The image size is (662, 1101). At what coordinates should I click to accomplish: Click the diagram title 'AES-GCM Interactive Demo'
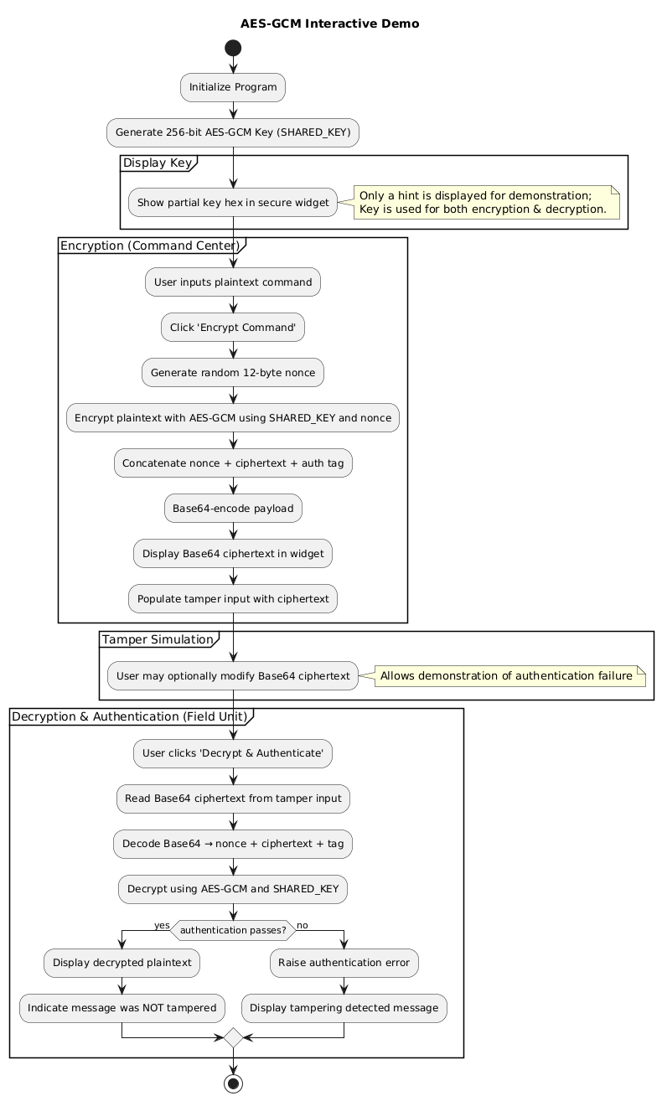click(329, 23)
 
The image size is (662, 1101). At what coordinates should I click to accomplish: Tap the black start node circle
click(233, 48)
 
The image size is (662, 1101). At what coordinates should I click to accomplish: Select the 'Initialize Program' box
click(233, 87)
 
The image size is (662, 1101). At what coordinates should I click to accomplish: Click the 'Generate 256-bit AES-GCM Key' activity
click(233, 132)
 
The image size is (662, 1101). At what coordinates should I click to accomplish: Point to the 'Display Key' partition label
click(159, 163)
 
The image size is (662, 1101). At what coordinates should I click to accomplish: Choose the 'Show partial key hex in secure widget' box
click(233, 202)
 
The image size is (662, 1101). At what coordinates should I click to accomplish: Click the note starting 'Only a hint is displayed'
click(486, 202)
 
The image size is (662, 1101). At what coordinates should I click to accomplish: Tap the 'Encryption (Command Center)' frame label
click(150, 245)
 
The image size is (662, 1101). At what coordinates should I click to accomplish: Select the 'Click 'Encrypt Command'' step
click(233, 328)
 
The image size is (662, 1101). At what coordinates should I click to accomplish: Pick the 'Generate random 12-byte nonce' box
click(233, 372)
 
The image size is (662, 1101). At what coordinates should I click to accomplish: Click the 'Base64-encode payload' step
click(233, 508)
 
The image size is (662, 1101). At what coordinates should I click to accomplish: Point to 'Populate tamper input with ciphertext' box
click(233, 598)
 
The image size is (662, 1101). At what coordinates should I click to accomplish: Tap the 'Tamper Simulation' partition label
click(158, 639)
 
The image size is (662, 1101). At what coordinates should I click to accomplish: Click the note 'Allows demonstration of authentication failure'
click(507, 676)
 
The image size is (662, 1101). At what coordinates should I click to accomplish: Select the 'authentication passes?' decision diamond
click(233, 929)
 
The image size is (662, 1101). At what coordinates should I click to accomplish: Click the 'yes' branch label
click(161, 924)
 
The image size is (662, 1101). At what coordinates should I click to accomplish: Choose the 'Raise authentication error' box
click(344, 964)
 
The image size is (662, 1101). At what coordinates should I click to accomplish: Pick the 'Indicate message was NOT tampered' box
click(122, 1008)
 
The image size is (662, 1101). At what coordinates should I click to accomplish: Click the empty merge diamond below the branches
click(233, 1038)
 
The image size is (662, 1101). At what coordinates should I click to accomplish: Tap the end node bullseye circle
click(233, 1082)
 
